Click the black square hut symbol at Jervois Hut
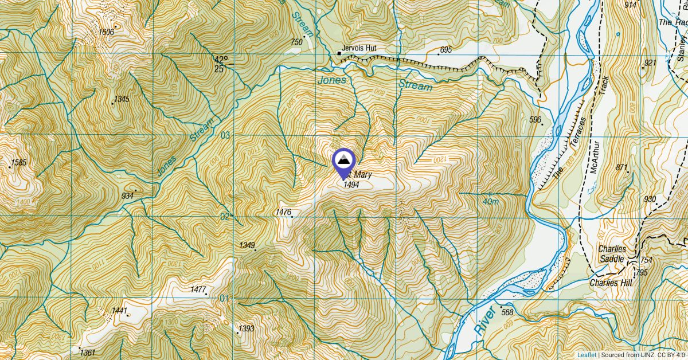pyautogui.click(x=339, y=54)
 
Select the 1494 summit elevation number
pyautogui.click(x=351, y=185)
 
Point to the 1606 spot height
pyautogui.click(x=107, y=32)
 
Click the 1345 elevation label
pyautogui.click(x=122, y=99)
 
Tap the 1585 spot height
pyautogui.click(x=19, y=163)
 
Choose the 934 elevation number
pyautogui.click(x=127, y=196)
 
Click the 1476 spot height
pyautogui.click(x=283, y=212)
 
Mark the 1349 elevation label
pyautogui.click(x=247, y=245)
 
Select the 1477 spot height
pyautogui.click(x=197, y=289)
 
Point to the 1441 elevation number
pyautogui.click(x=119, y=311)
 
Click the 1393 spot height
pyautogui.click(x=246, y=328)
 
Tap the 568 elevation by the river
pyautogui.click(x=507, y=312)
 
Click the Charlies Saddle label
pyautogui.click(x=611, y=254)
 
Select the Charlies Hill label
pyautogui.click(x=610, y=283)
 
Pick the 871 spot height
pyautogui.click(x=621, y=167)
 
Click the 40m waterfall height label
pyautogui.click(x=491, y=202)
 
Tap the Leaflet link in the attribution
pyautogui.click(x=587, y=354)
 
